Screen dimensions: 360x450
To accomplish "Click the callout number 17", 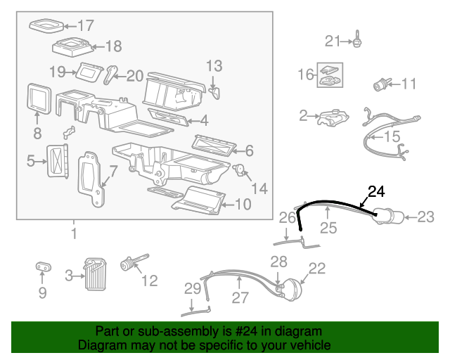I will (85, 27).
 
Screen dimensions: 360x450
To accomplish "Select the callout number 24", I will (377, 190).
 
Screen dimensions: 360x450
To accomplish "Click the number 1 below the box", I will (73, 233).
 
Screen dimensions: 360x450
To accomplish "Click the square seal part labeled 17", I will (46, 26).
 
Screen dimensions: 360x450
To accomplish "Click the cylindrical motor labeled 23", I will (388, 217).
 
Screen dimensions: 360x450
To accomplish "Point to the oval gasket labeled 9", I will (42, 267).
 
